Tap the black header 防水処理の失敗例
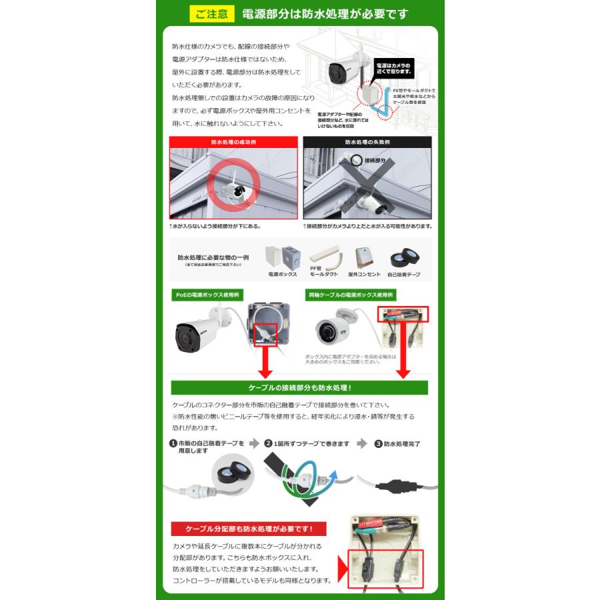367,142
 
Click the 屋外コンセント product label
365,274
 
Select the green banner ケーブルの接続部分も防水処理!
299,387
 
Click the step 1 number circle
173,443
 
